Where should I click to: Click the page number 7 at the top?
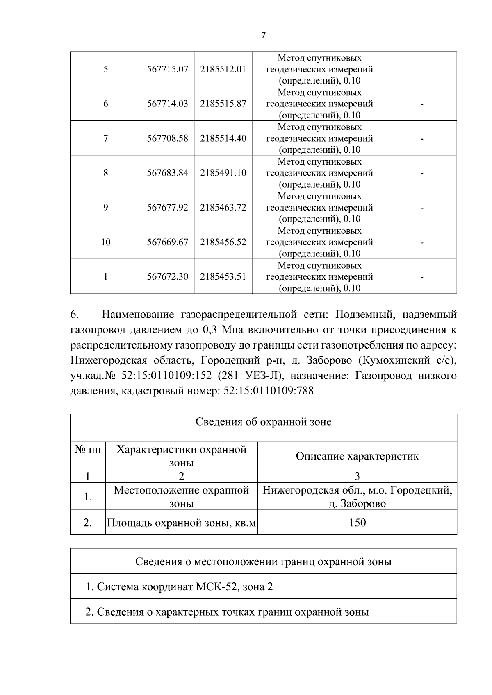tap(263, 35)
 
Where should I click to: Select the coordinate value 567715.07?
tap(167, 69)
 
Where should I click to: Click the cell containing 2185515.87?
tap(223, 104)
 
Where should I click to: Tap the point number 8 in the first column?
tap(106, 173)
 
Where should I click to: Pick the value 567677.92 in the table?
tap(167, 208)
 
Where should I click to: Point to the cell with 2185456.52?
tap(223, 242)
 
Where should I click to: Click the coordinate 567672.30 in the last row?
tap(167, 277)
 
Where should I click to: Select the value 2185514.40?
tap(223, 138)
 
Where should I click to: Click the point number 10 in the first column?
tap(106, 242)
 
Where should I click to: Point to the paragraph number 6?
tap(74, 315)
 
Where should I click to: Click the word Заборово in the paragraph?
tap(327, 361)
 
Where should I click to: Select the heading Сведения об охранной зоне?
tap(263, 422)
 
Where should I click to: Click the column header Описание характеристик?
tap(357, 456)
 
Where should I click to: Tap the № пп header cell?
tap(88, 450)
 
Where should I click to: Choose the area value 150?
tap(357, 523)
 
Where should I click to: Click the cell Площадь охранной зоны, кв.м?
tap(181, 523)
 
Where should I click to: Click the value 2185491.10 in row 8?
tap(223, 173)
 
